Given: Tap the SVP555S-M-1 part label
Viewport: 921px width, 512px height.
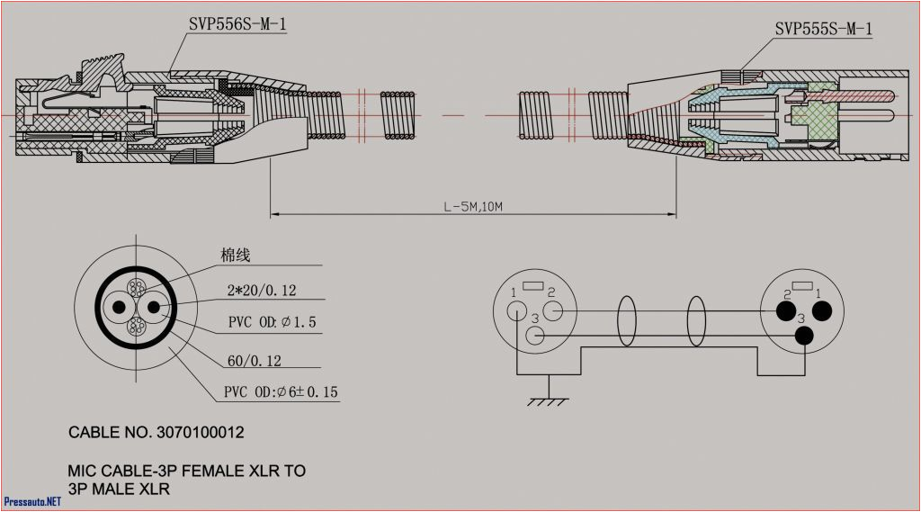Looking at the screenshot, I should [823, 30].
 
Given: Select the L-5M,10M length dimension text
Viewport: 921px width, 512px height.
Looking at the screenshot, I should [472, 206].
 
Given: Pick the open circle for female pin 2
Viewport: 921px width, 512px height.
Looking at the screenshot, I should [553, 311].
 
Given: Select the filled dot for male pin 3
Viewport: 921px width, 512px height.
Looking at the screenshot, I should [804, 337].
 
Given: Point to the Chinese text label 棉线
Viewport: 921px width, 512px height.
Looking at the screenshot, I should [235, 256].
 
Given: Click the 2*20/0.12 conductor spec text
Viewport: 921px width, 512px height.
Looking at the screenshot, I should [261, 290].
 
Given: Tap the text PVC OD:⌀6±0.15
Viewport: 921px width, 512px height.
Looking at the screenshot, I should [281, 392].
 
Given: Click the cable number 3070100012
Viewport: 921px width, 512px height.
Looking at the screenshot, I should [156, 433].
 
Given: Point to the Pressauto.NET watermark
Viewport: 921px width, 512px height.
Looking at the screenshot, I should [32, 501].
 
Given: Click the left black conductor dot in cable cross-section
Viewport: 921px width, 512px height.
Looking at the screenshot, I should [117, 309].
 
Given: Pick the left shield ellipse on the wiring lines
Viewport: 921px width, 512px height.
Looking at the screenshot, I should [627, 321].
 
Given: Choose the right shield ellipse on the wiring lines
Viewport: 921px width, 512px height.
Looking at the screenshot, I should [696, 321].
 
